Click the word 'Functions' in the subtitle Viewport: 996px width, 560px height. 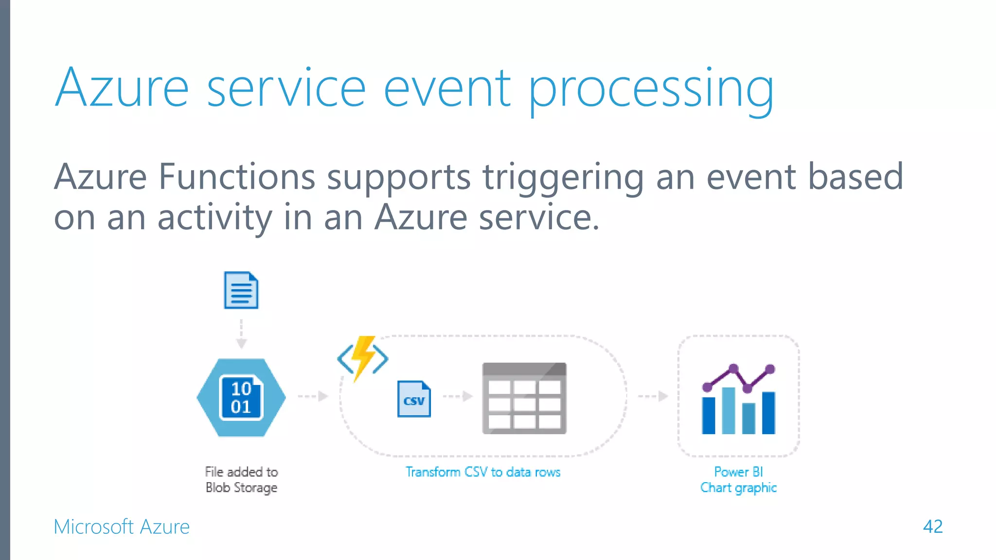[237, 177]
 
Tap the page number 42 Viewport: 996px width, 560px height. [932, 526]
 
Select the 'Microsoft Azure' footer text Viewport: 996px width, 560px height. [122, 527]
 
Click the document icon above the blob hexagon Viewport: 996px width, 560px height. [241, 290]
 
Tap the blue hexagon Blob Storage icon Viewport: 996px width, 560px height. [241, 398]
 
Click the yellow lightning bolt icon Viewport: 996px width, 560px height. [363, 357]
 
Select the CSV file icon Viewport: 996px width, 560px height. [414, 399]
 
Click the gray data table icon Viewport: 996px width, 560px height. [524, 398]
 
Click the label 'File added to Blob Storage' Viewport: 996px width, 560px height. [241, 480]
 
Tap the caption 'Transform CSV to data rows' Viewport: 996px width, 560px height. [483, 472]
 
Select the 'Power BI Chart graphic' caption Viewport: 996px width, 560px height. [738, 480]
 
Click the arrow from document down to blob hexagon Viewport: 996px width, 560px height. [241, 334]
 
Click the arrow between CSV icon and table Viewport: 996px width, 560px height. [458, 396]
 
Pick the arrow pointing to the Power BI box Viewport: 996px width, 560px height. [653, 396]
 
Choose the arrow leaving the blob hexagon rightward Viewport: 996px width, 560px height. [313, 396]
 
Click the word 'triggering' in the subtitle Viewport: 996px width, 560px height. [563, 177]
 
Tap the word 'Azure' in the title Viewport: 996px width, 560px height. [122, 89]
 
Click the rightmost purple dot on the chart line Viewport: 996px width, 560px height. [770, 369]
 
